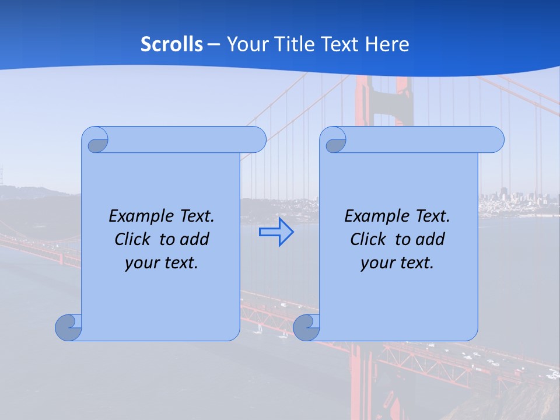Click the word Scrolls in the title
click(x=172, y=44)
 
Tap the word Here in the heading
click(x=387, y=44)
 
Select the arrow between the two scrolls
click(x=276, y=232)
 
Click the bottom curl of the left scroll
click(x=69, y=327)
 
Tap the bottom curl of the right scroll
click(x=306, y=327)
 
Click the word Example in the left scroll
click(x=138, y=216)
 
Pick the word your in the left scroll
click(x=141, y=263)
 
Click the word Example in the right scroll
click(x=373, y=216)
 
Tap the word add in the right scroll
click(x=431, y=240)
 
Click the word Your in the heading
click(x=244, y=44)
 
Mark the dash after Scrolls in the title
click(x=213, y=44)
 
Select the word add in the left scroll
click(x=195, y=240)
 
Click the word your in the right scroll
click(x=376, y=263)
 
